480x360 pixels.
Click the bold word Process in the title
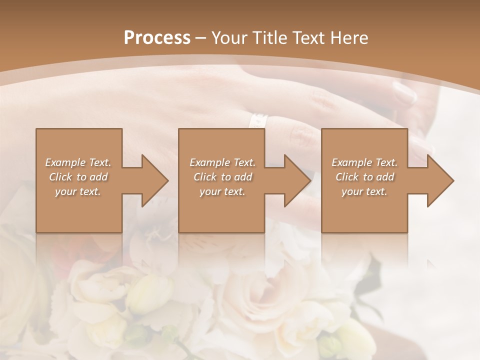click(157, 37)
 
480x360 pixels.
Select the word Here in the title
click(349, 37)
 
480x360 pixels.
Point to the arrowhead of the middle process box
click(296, 180)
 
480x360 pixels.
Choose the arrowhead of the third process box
click(439, 180)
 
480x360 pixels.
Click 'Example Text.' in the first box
click(78, 162)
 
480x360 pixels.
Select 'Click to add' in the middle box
click(222, 177)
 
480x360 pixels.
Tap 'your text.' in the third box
click(364, 191)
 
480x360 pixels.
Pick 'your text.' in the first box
click(78, 191)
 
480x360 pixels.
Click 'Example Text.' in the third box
click(364, 162)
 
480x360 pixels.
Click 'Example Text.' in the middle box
click(222, 162)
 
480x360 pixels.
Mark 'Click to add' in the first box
click(78, 177)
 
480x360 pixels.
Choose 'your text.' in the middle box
click(222, 191)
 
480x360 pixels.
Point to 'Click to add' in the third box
click(364, 177)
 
